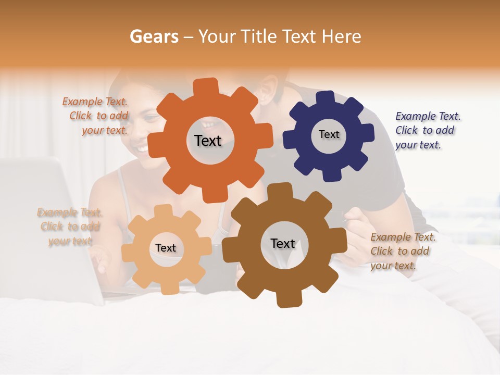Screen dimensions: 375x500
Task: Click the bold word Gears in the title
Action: (x=154, y=36)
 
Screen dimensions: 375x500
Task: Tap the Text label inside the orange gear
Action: (x=208, y=141)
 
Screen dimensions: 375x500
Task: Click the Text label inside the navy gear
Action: (x=329, y=134)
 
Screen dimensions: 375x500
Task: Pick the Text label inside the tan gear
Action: (x=166, y=248)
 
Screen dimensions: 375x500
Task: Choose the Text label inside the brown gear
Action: (x=283, y=244)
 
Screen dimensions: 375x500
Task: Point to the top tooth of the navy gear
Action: (x=326, y=98)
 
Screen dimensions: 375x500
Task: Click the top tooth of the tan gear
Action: (x=163, y=211)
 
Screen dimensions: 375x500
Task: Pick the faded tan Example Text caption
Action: (x=70, y=227)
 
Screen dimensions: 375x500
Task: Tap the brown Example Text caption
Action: (x=402, y=251)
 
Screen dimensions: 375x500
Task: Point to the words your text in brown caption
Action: (x=393, y=266)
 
